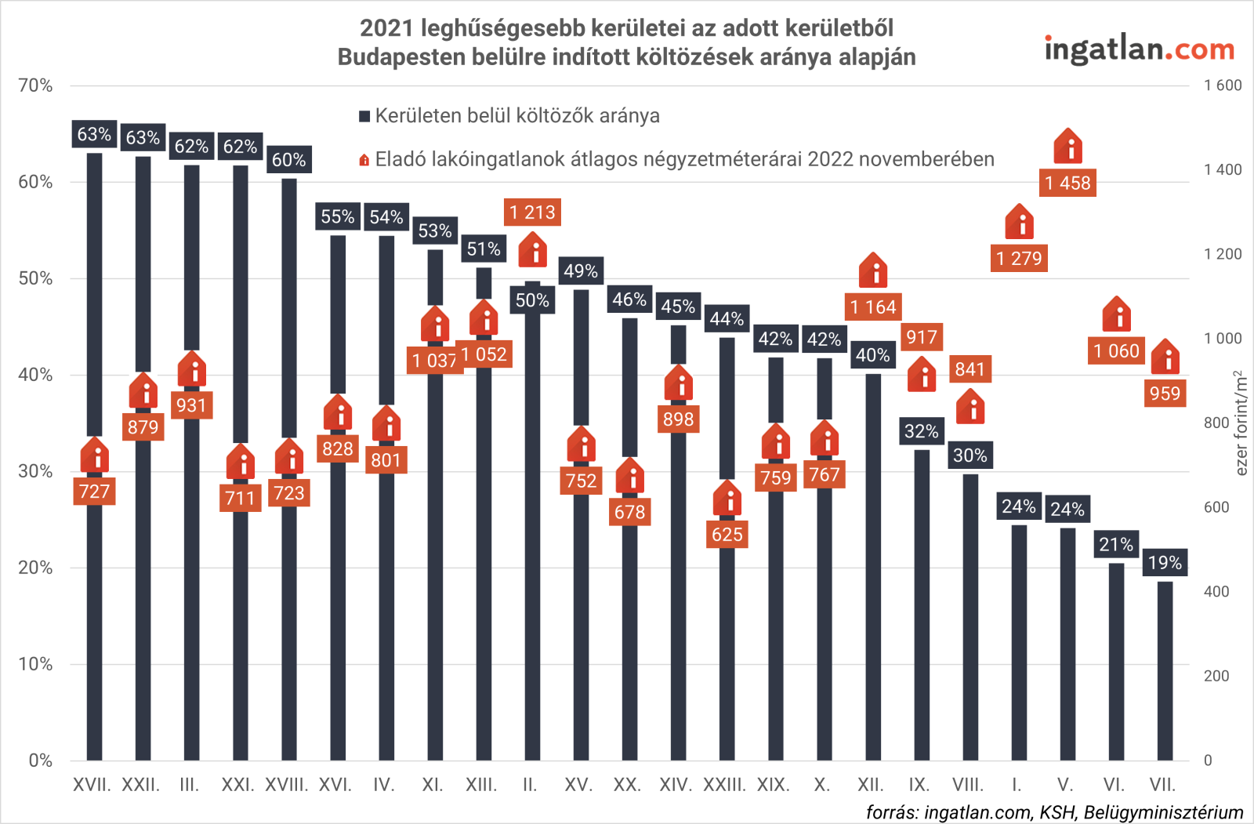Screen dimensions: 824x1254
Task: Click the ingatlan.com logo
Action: (1139, 49)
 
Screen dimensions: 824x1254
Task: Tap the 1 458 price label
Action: (1067, 183)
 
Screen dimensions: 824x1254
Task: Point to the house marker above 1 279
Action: (1020, 222)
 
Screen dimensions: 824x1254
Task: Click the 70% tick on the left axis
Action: (35, 85)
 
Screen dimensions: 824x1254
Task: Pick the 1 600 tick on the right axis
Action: (1223, 85)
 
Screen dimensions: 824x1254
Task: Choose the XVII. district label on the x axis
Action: (92, 785)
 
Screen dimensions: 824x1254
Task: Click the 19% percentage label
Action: (1165, 562)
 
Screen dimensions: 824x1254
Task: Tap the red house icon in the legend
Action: (364, 160)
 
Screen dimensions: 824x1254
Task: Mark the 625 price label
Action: (727, 535)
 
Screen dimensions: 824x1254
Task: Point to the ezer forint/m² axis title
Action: (1241, 423)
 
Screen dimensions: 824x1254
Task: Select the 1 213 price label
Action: (532, 212)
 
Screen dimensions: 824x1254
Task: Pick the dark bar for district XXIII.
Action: (727, 627)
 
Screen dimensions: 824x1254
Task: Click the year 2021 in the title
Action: (386, 28)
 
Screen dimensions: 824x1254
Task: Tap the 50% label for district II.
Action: (532, 300)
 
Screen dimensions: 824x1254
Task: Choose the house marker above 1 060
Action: (1117, 314)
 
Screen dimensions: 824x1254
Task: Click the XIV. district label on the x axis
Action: (676, 785)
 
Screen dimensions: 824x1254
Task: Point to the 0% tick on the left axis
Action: (40, 760)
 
